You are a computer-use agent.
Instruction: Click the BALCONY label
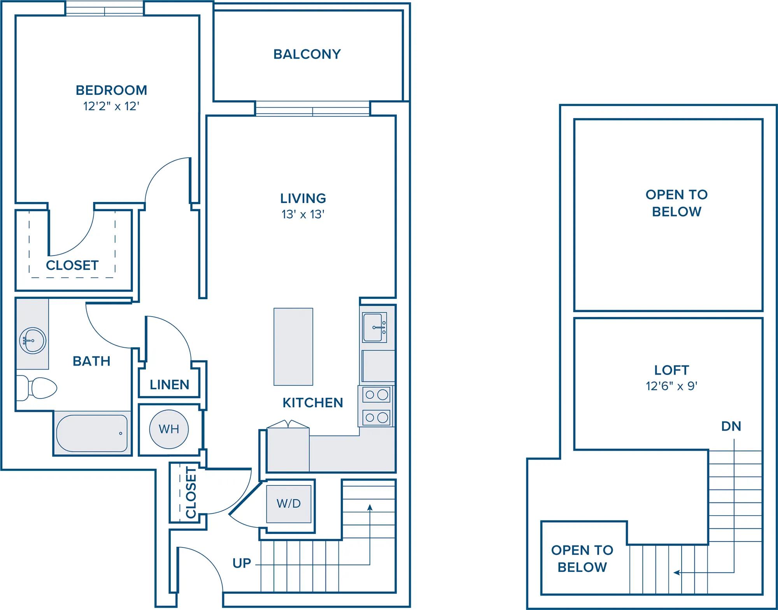[307, 54]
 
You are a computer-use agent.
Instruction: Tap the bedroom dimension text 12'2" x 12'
[111, 106]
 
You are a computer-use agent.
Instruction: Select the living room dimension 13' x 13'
[303, 214]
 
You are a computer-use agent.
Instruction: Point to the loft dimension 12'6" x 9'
[671, 386]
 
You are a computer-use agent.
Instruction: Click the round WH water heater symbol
[169, 429]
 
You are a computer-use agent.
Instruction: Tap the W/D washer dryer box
[289, 504]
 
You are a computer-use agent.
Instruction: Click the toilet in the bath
[37, 388]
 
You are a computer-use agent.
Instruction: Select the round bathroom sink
[33, 341]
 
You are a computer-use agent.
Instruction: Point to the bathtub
[92, 433]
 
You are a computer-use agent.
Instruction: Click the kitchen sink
[374, 328]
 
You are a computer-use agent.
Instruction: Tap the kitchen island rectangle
[293, 347]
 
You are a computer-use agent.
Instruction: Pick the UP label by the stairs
[242, 563]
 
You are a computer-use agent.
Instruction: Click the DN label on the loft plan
[731, 427]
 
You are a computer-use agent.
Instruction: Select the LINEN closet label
[170, 385]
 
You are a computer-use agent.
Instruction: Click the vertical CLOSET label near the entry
[191, 493]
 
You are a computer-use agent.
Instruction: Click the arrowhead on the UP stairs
[370, 507]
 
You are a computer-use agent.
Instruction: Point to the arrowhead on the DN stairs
[676, 572]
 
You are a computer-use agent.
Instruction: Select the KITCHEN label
[313, 403]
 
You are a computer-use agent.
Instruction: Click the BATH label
[91, 361]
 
